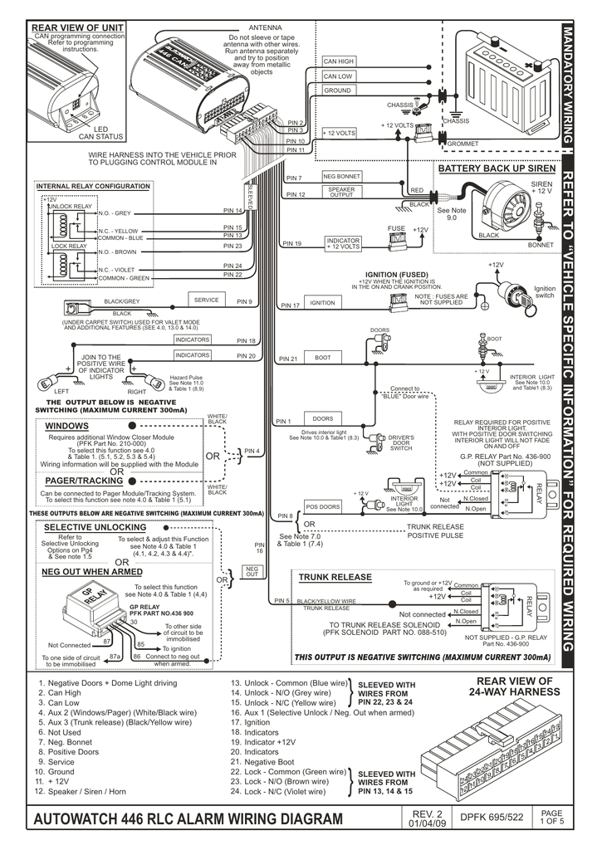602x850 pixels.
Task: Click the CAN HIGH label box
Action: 339,61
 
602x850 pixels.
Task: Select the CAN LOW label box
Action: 339,76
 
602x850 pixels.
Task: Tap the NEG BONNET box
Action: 341,176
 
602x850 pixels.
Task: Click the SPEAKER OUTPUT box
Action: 341,192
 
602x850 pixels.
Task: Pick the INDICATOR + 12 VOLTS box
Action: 343,243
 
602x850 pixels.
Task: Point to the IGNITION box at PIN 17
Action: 322,303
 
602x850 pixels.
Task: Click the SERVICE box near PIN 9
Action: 207,300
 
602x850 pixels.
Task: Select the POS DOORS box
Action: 323,506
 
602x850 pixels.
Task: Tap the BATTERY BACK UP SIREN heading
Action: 497,169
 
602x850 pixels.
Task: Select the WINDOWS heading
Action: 67,425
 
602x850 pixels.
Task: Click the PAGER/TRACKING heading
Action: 84,481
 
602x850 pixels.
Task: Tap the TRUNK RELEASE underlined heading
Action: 335,577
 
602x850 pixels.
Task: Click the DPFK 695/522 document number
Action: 493,818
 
